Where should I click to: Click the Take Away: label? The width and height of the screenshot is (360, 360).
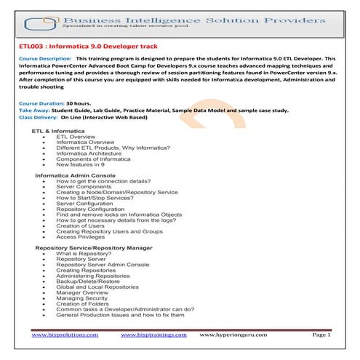tap(33, 111)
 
